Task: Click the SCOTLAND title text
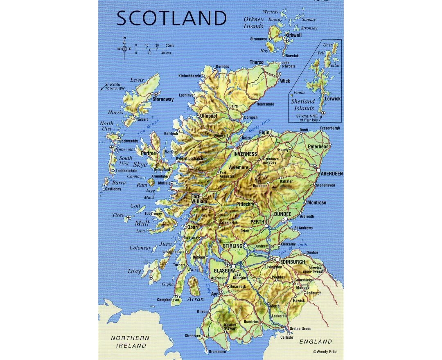point(172,18)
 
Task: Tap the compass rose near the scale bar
point(124,49)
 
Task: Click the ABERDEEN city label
point(332,174)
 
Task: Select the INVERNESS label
point(245,154)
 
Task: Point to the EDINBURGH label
point(293,261)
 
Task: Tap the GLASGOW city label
point(224,271)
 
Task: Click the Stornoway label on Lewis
point(163,99)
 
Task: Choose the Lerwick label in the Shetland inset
point(332,99)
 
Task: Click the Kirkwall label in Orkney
point(293,36)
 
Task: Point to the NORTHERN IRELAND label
point(130,342)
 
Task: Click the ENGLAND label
point(316,342)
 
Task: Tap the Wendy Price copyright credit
point(325,351)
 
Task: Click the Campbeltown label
point(168,300)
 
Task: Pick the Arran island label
point(195,299)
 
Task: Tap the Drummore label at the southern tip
point(217,351)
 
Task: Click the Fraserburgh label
point(330,128)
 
